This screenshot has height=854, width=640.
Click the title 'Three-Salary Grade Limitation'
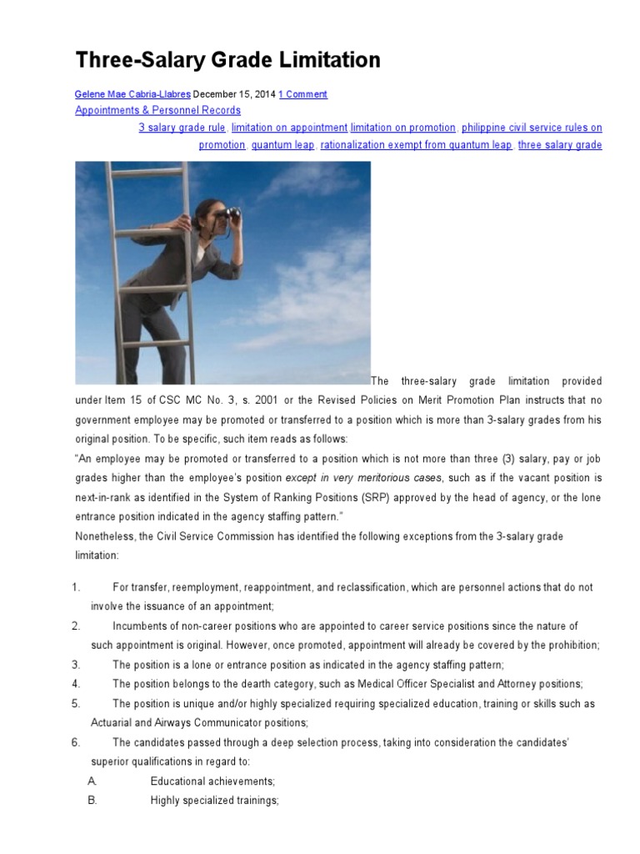tap(227, 60)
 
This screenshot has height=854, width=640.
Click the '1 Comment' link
tap(302, 94)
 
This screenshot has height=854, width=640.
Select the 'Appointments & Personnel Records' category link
tap(157, 110)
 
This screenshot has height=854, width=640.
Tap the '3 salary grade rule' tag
tap(182, 128)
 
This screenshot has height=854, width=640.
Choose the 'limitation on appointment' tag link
tap(289, 128)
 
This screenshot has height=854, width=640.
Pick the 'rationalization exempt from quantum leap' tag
tap(417, 145)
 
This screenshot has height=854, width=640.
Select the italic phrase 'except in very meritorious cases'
tap(364, 478)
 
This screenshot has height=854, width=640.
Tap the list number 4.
tap(76, 684)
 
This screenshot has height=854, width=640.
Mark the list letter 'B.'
tap(92, 800)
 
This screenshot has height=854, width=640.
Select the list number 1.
tap(76, 588)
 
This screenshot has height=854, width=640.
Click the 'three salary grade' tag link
tap(560, 145)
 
